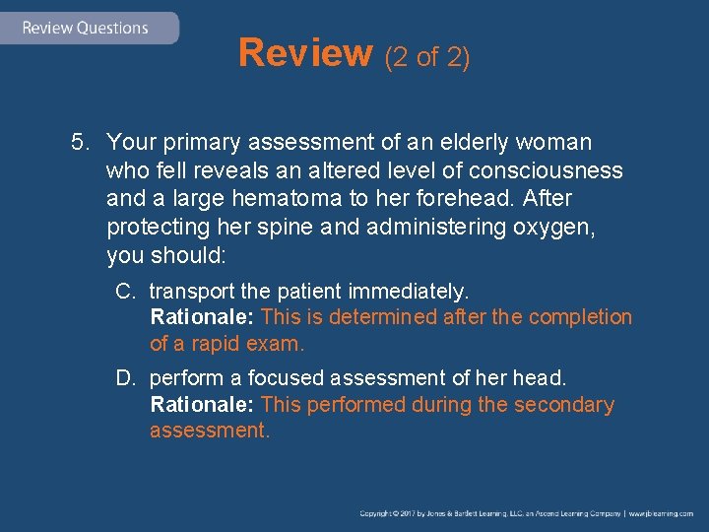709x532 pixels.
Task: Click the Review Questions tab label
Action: (85, 28)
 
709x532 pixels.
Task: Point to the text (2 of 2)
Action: (426, 57)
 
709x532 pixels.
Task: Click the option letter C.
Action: (124, 292)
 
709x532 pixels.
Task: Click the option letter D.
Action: (124, 378)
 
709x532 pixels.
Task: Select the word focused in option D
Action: (288, 378)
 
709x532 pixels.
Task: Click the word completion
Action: (580, 317)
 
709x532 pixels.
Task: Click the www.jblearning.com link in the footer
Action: (662, 514)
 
